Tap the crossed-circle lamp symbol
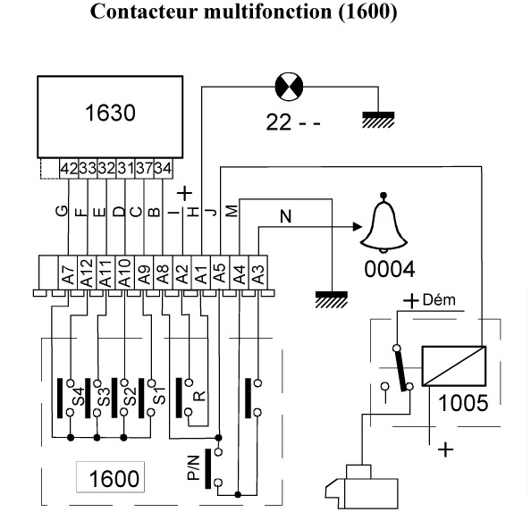click(x=289, y=87)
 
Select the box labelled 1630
click(x=110, y=117)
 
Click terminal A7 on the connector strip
click(x=68, y=273)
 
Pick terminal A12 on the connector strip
click(x=87, y=273)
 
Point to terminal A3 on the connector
click(x=258, y=273)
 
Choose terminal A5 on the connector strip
click(x=220, y=273)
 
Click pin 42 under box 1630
click(x=69, y=168)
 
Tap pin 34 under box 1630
click(x=163, y=168)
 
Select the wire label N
click(x=286, y=216)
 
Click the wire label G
click(x=62, y=211)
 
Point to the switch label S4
click(x=79, y=397)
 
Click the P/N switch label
click(x=193, y=467)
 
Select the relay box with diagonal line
click(x=454, y=365)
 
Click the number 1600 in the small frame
click(x=114, y=478)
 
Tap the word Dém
click(x=439, y=300)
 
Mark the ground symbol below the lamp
click(x=378, y=120)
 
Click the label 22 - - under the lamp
click(x=293, y=122)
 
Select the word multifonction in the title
click(x=267, y=12)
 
